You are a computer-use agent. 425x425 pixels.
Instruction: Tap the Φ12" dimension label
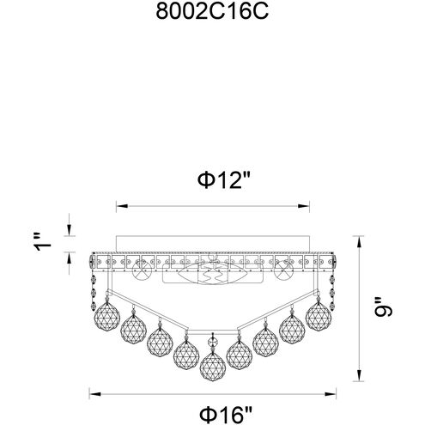211,182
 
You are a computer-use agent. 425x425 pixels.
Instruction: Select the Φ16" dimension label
211,410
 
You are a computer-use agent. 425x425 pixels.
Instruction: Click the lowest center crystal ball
211,365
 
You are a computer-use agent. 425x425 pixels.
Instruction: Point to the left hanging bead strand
92,288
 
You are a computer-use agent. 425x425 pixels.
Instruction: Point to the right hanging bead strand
333,288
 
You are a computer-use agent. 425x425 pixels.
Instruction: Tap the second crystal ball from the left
133,326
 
